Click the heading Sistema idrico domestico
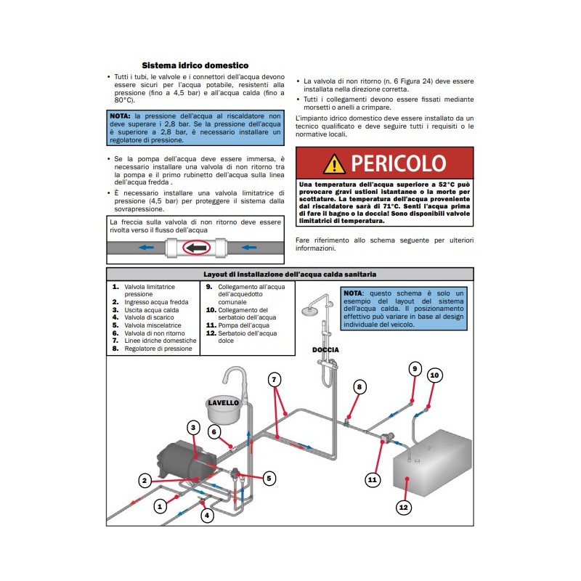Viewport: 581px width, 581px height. [195, 65]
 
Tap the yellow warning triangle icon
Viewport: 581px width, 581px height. [334, 163]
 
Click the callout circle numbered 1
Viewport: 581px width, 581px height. [161, 507]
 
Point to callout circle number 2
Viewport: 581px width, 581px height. [145, 480]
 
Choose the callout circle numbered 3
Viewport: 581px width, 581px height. [193, 427]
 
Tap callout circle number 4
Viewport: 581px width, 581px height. [207, 516]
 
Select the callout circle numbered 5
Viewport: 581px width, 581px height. [269, 478]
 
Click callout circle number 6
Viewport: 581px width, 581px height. [214, 431]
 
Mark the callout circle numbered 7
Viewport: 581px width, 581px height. [274, 379]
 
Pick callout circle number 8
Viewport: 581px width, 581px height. [358, 387]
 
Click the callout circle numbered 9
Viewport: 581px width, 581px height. [415, 368]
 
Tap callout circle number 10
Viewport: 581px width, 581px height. [434, 375]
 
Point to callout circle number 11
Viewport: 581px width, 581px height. [373, 479]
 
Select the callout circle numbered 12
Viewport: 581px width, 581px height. [403, 507]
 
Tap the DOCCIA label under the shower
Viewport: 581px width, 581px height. [326, 349]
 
